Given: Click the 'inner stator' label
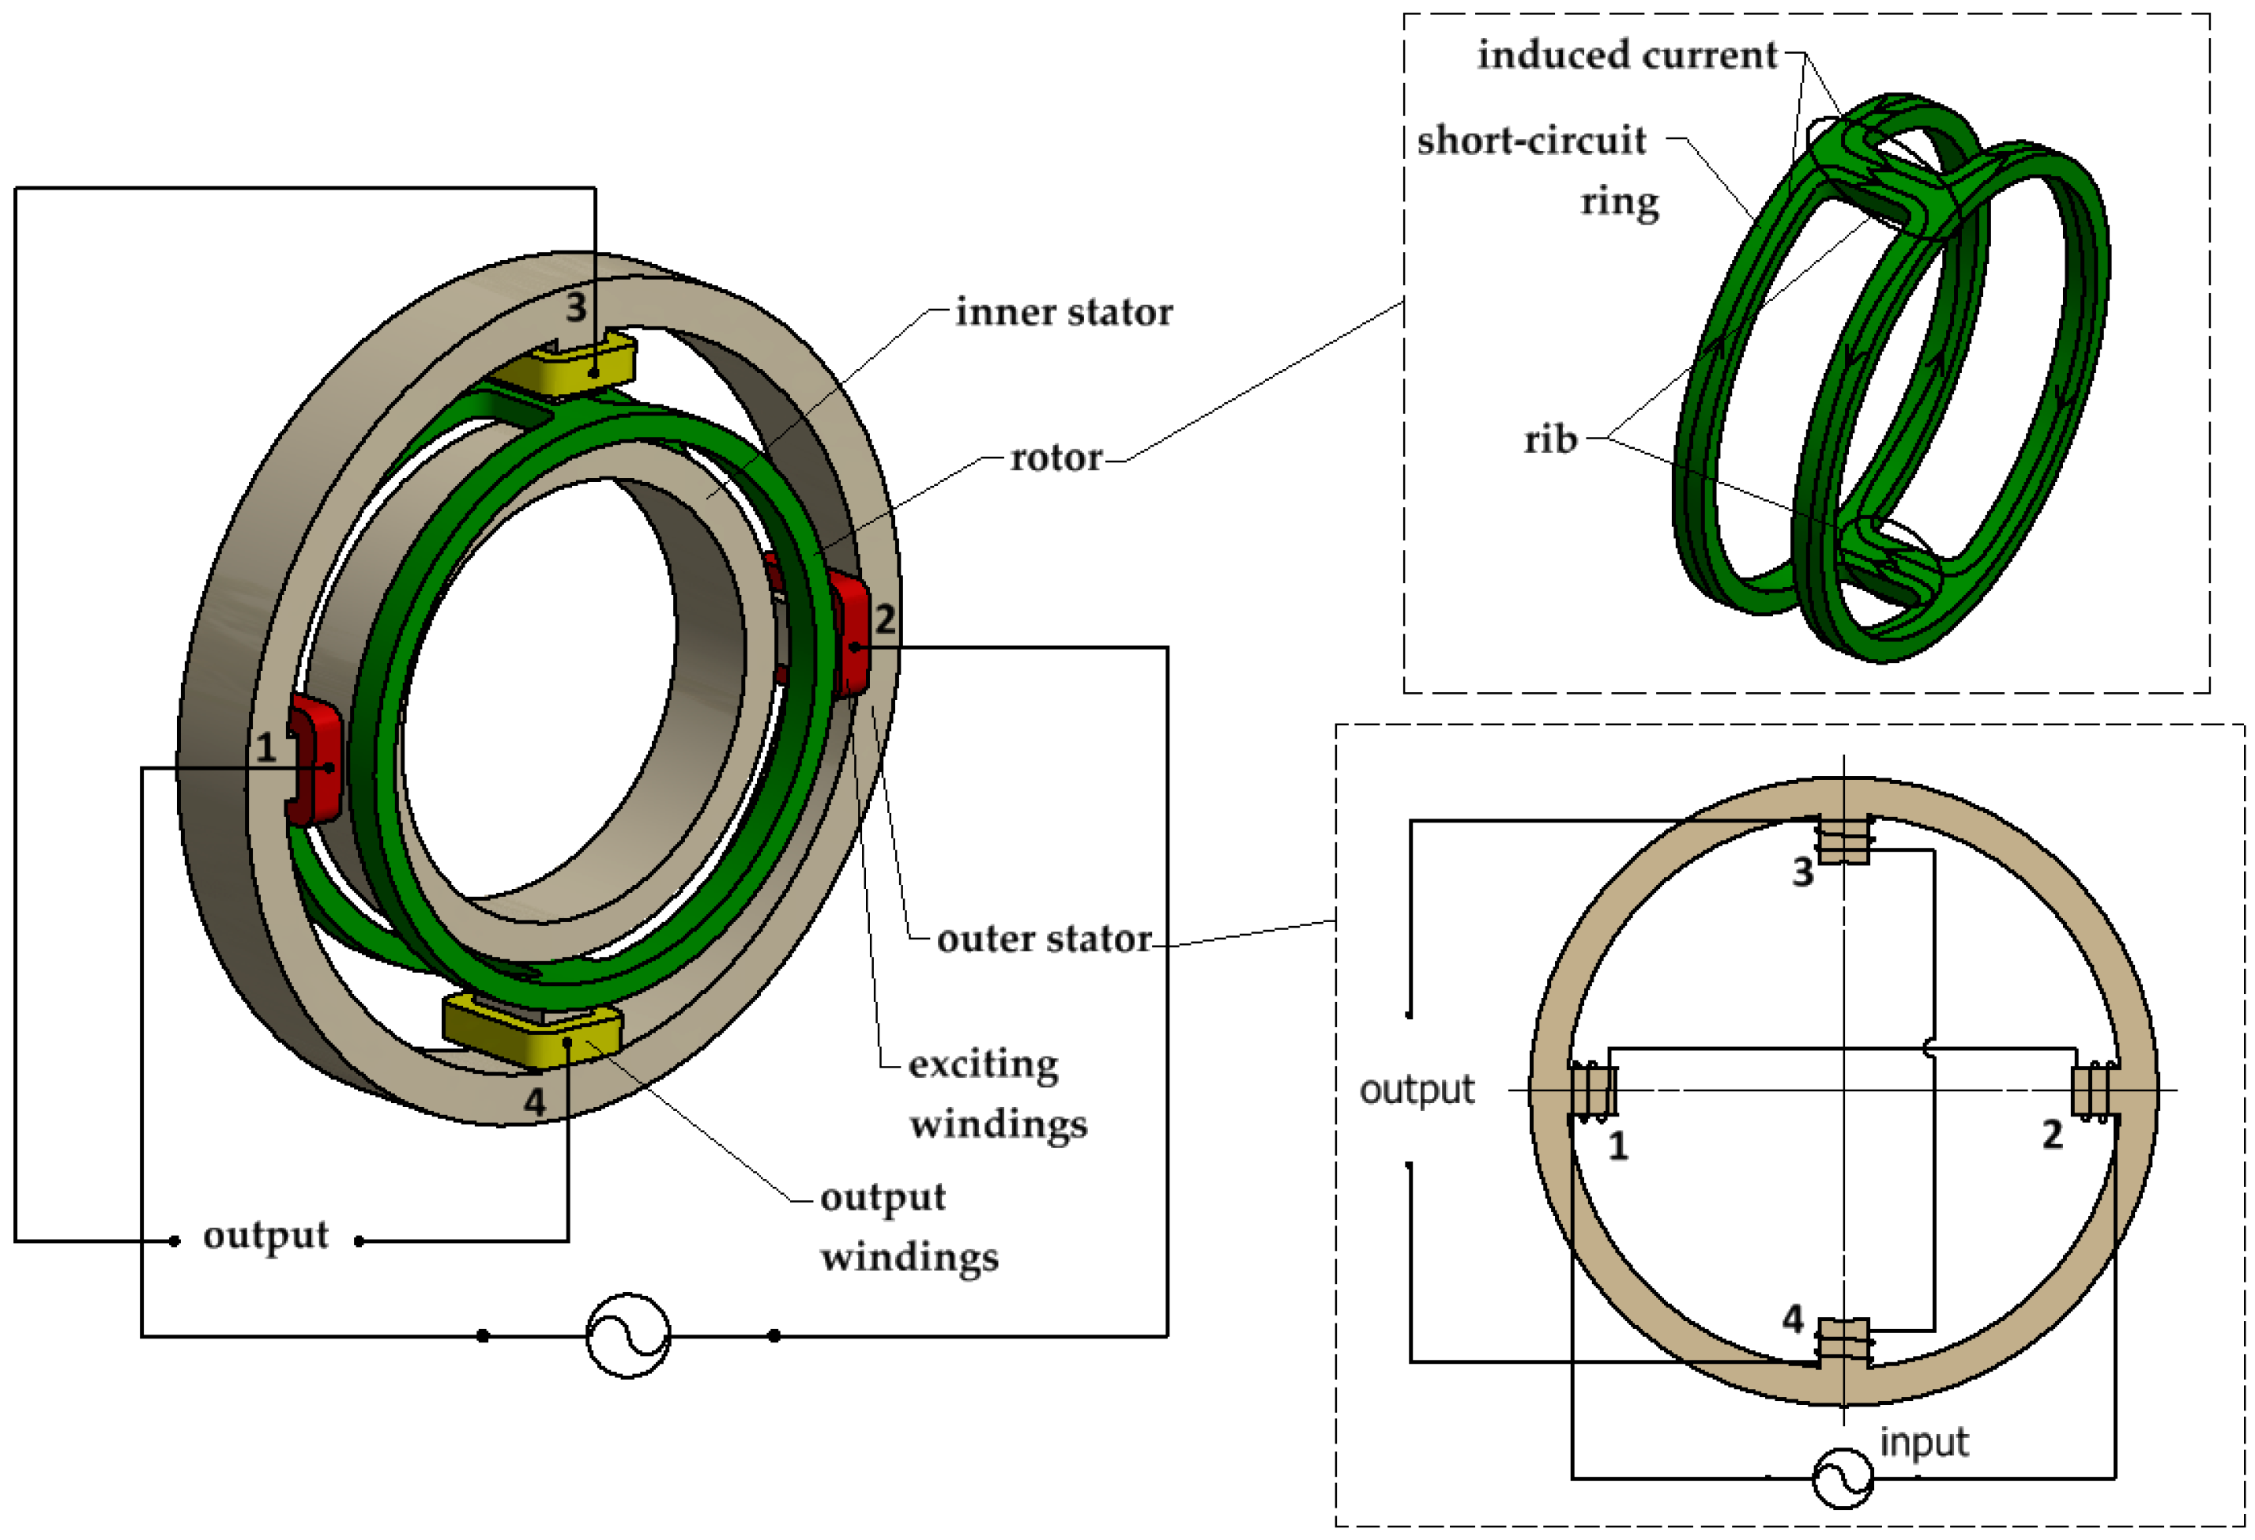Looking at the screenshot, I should click(x=1064, y=312).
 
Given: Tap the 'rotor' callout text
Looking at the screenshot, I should click(x=1056, y=457).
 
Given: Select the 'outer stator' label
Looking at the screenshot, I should click(x=1044, y=939).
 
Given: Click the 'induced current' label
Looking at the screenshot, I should click(x=1626, y=55).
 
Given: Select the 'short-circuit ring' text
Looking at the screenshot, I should click(x=1538, y=170).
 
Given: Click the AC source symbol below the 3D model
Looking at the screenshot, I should click(x=628, y=1335).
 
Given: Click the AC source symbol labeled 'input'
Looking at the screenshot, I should click(x=1843, y=1478).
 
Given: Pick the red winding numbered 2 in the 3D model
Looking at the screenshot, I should click(x=848, y=633).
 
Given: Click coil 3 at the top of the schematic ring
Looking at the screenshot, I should click(x=1843, y=839).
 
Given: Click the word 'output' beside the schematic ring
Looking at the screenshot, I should click(x=1416, y=1090).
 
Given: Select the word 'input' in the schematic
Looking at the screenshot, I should click(x=1923, y=1442).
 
